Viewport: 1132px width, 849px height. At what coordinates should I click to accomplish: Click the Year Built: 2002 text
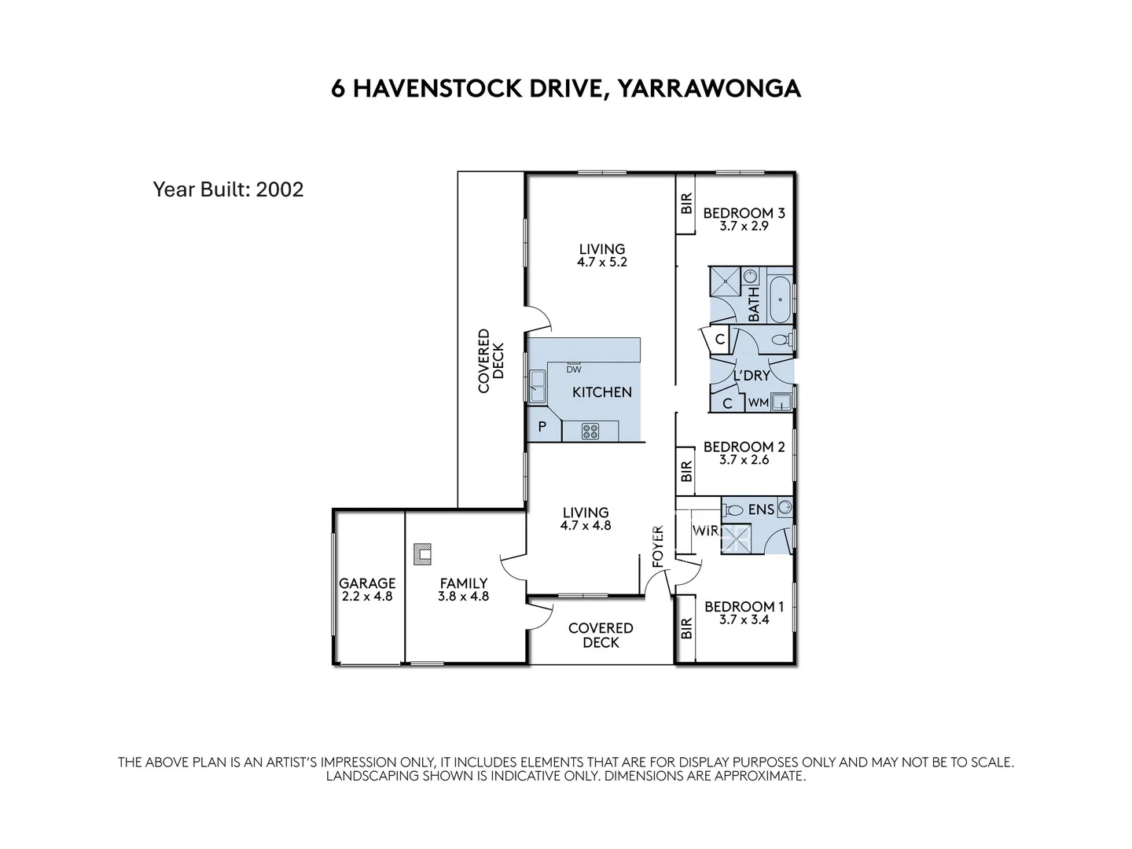(228, 189)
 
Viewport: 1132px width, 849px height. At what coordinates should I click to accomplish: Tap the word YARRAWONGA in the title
(708, 88)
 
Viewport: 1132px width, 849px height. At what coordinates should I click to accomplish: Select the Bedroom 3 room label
(744, 213)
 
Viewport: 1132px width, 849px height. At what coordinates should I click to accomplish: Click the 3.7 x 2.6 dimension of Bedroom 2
(744, 460)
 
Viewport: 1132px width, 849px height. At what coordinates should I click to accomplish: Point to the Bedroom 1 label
(744, 606)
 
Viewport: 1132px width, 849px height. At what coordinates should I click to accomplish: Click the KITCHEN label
(601, 391)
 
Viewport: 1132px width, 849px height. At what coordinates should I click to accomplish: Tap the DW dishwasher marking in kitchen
(574, 369)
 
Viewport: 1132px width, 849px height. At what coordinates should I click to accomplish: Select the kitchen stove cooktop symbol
(590, 431)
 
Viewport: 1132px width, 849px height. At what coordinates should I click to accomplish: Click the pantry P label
(542, 428)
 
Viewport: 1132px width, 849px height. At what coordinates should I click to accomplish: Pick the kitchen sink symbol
(538, 385)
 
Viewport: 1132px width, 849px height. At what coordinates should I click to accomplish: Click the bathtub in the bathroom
(781, 299)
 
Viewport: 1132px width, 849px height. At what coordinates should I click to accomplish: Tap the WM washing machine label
(758, 402)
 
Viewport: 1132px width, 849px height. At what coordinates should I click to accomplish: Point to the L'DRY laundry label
(752, 376)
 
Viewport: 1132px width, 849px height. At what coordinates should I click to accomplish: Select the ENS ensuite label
(761, 509)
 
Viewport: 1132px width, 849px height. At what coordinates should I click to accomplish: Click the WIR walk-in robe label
(705, 531)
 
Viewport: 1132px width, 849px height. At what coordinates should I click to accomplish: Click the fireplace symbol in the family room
(424, 553)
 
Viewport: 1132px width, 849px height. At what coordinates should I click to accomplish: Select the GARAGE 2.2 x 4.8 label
(367, 590)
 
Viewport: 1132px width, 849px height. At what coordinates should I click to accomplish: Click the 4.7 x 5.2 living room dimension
(602, 263)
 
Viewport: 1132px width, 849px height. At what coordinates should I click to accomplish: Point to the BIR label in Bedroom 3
(686, 204)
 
